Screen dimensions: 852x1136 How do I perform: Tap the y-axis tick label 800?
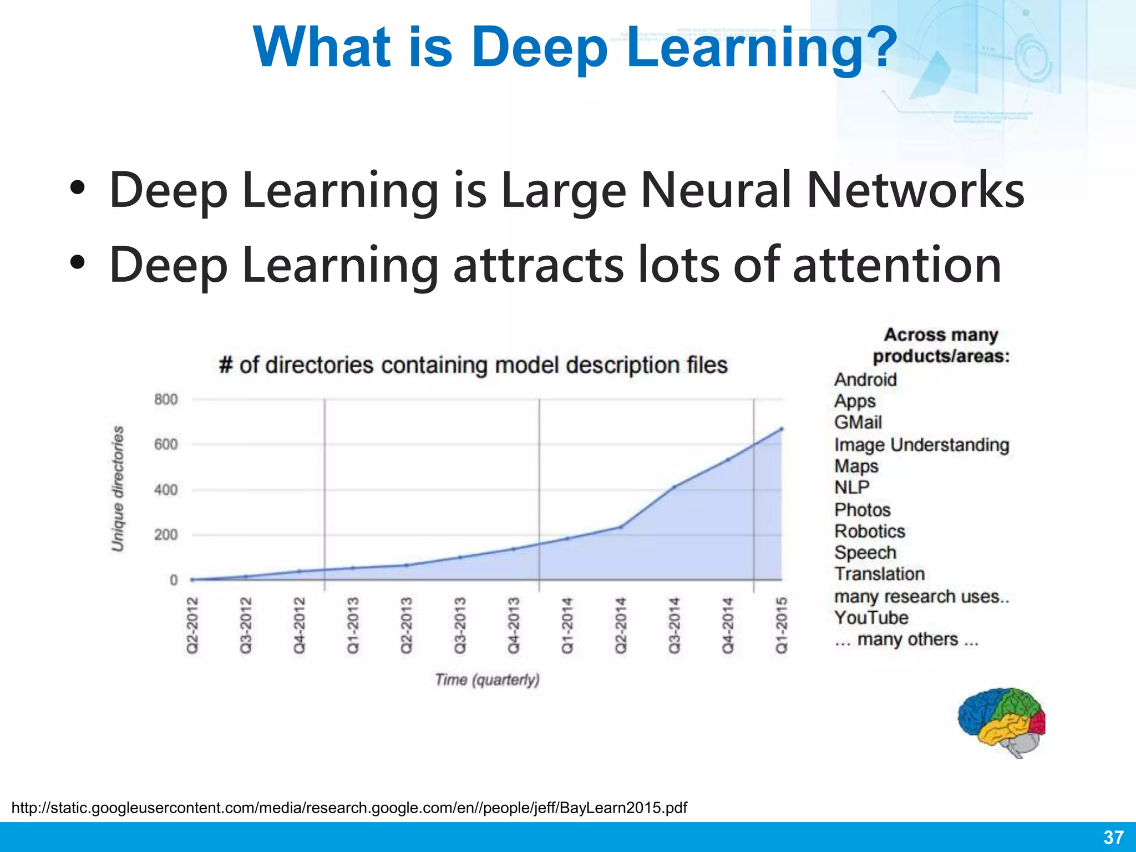click(x=166, y=399)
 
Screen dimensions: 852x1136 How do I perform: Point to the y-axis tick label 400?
click(x=166, y=490)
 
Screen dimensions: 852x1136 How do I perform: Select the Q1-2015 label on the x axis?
click(x=781, y=625)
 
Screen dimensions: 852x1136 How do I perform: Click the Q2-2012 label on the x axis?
click(x=192, y=625)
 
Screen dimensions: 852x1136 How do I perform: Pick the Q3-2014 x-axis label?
click(x=674, y=625)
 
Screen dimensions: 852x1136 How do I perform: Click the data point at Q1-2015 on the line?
click(x=781, y=428)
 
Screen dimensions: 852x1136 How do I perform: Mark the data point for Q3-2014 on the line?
click(x=674, y=487)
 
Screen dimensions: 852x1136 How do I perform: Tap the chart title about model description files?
click(x=473, y=365)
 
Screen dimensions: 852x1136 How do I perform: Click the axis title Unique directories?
click(x=118, y=489)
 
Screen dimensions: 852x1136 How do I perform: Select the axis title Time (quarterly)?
click(x=487, y=679)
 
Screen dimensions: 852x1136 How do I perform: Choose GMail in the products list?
click(x=858, y=422)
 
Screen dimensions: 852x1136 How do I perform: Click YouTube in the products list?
click(x=871, y=617)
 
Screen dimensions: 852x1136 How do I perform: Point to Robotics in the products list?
click(x=869, y=531)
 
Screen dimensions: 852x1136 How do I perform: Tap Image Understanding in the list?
click(x=921, y=444)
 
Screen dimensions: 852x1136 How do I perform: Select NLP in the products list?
click(x=851, y=487)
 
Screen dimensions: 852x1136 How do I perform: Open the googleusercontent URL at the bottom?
click(x=349, y=807)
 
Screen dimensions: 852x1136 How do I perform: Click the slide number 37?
click(x=1113, y=837)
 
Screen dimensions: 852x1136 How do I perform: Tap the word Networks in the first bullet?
click(x=915, y=190)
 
